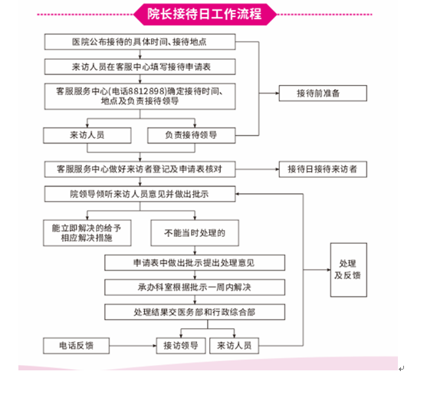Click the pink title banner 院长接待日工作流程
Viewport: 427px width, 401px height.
(205, 14)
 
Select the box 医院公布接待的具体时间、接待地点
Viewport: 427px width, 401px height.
(140, 41)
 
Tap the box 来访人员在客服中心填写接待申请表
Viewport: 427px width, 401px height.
(140, 67)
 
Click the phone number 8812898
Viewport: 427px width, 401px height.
(146, 91)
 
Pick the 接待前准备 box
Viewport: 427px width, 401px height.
(323, 94)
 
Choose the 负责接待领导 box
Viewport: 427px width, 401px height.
(192, 136)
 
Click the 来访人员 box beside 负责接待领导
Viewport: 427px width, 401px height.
(87, 136)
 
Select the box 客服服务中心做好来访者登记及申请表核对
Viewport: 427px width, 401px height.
(140, 169)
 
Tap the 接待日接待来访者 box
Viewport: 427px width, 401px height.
(323, 169)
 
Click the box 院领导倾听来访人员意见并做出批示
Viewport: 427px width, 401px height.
(140, 194)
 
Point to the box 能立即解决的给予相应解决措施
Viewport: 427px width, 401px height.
(87, 233)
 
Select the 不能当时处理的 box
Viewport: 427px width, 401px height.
(195, 233)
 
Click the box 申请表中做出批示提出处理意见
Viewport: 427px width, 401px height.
(195, 263)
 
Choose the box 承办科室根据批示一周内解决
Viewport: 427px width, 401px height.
(195, 287)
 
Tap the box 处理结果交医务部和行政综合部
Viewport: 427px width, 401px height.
(195, 312)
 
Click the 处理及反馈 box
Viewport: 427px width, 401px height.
(349, 270)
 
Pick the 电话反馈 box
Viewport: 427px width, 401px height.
(76, 346)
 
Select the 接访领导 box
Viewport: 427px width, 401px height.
(181, 346)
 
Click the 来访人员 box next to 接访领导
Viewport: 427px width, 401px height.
(234, 346)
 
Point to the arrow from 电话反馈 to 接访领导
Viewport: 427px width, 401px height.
(133, 346)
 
